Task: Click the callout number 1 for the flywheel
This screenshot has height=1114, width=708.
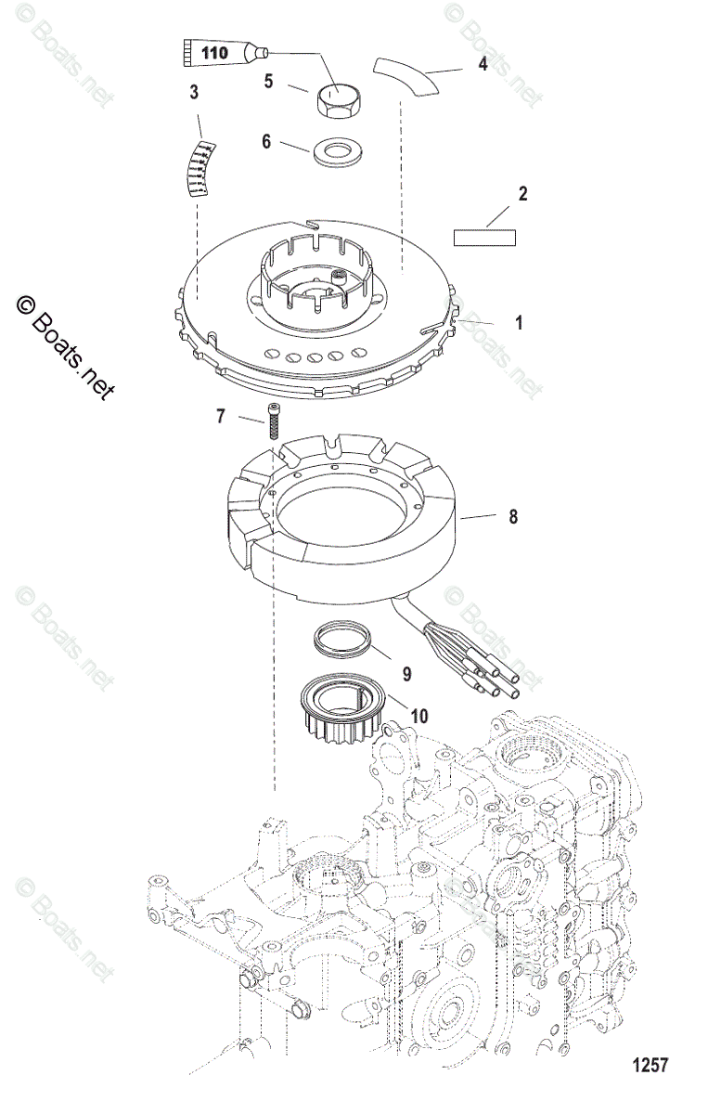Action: coord(519,323)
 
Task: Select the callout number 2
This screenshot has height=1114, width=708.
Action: coord(522,194)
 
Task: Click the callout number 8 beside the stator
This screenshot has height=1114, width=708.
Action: coord(513,518)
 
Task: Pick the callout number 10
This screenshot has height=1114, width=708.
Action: coord(393,716)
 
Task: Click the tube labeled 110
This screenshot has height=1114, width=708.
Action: coord(219,53)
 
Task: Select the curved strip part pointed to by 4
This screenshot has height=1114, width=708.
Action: coord(409,74)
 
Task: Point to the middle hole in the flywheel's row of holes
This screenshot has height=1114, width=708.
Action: coord(314,357)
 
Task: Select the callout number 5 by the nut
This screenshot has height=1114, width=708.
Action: coord(268,82)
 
